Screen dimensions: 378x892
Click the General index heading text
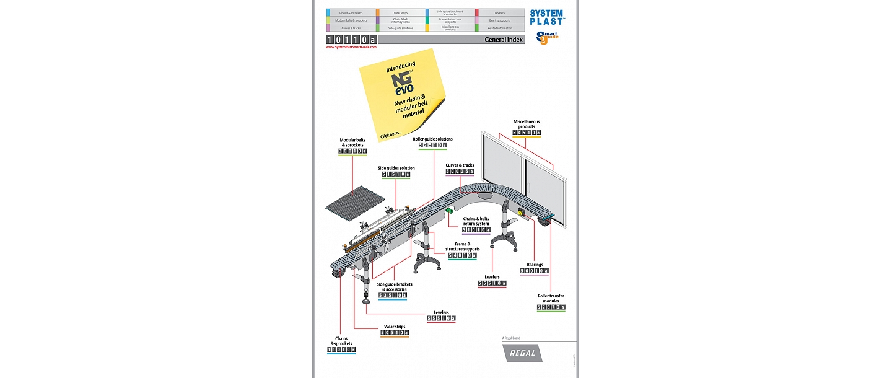[x=504, y=40]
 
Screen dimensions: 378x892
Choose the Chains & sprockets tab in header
[x=351, y=12]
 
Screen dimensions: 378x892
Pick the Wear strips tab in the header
[x=401, y=12]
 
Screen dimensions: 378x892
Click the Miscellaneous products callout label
[x=527, y=124]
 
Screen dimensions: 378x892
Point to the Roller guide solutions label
[x=433, y=139]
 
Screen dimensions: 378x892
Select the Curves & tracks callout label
[x=460, y=165]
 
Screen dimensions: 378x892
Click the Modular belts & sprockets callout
[x=352, y=143]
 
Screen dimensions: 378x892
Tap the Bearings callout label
[x=535, y=265]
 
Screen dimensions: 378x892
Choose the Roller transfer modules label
[x=551, y=299]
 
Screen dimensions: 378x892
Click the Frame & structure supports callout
[x=462, y=247]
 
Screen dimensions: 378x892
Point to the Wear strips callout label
[x=395, y=326]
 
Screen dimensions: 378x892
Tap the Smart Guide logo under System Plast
[x=548, y=38]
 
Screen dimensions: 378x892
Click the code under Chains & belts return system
[x=476, y=230]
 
